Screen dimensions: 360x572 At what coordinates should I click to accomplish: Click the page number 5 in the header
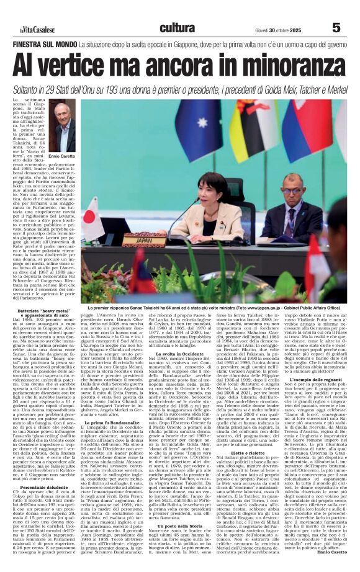click(x=336, y=28)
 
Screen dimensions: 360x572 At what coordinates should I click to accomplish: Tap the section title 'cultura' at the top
click(x=177, y=28)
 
